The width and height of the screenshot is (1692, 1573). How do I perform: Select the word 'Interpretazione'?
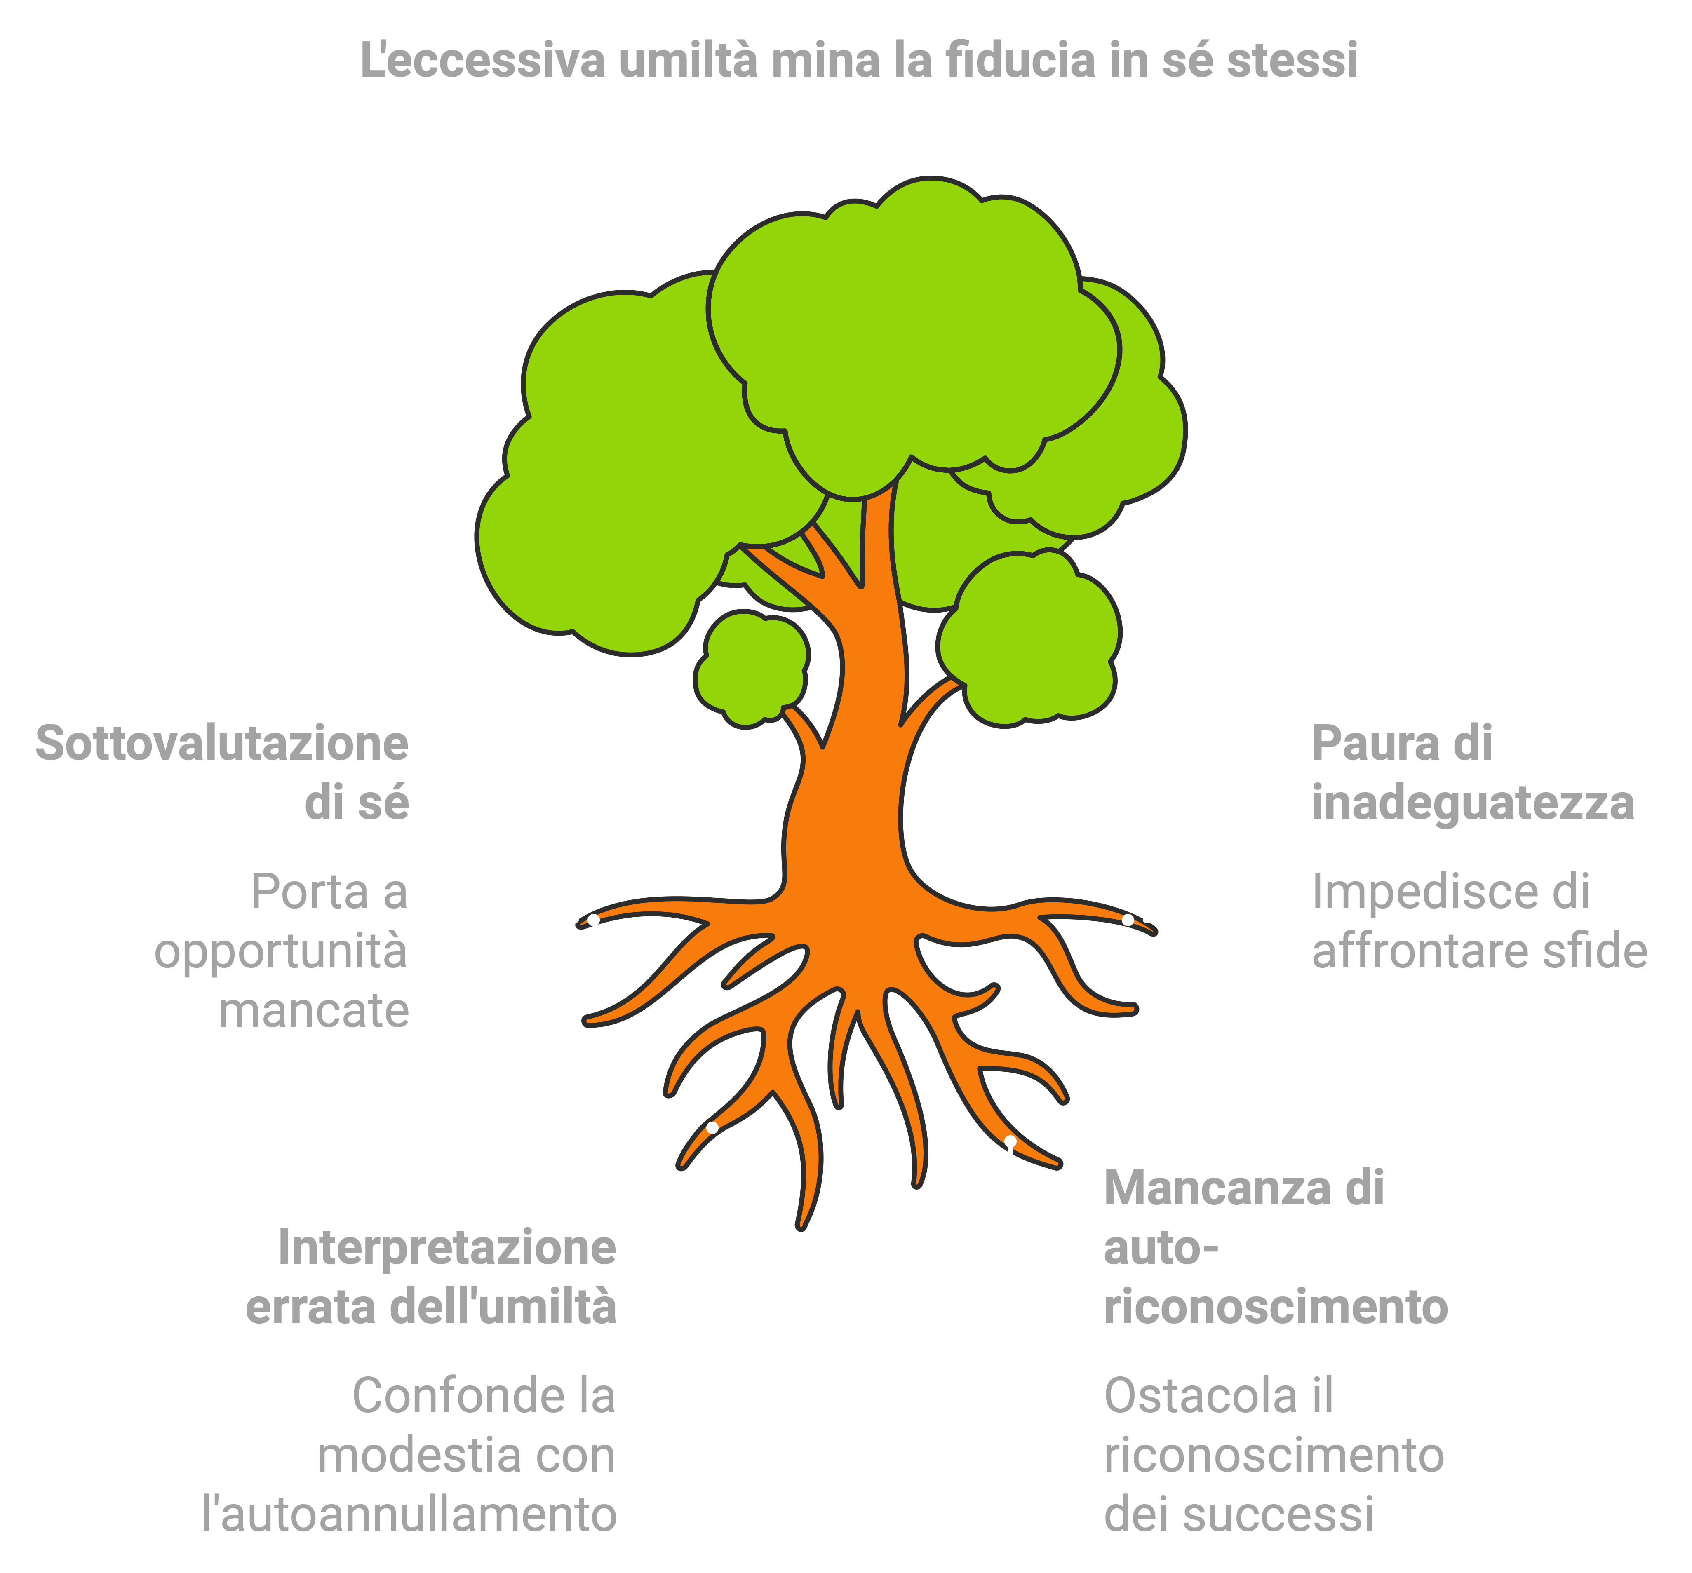pyautogui.click(x=447, y=1248)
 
